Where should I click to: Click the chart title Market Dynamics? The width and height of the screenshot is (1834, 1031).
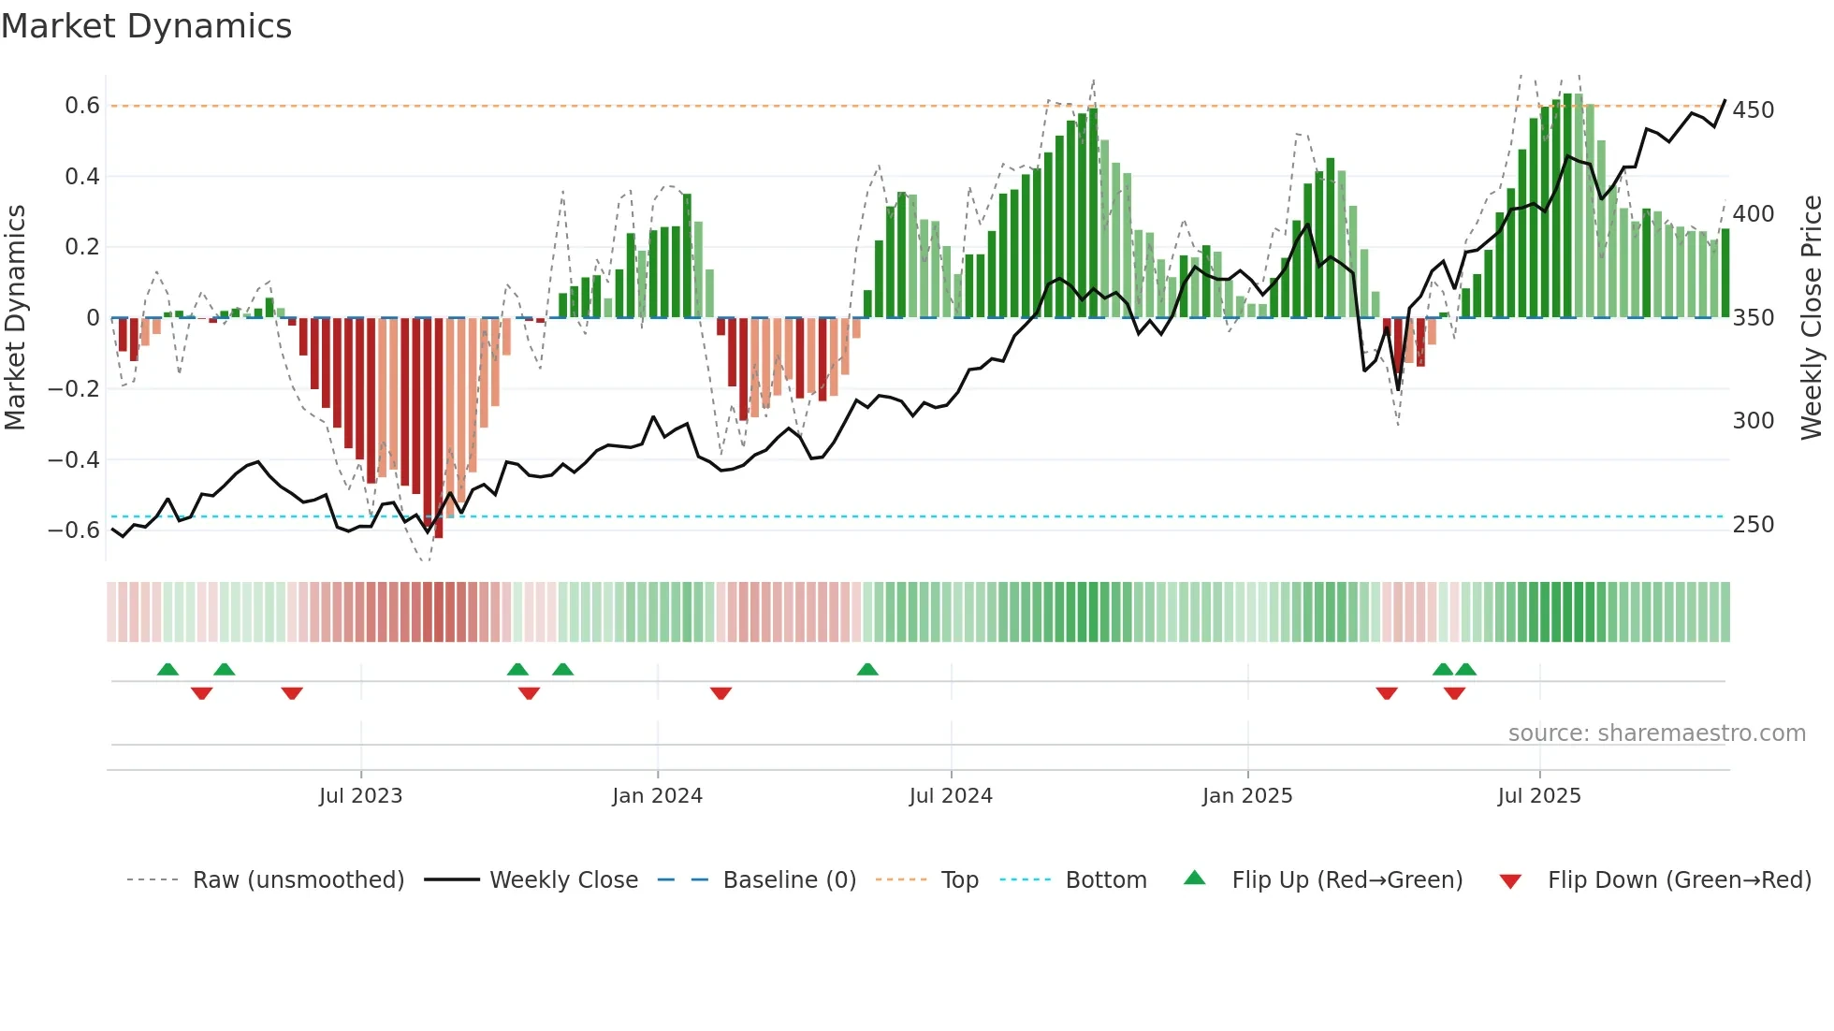tap(146, 26)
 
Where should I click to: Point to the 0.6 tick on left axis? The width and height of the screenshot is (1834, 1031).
tap(82, 106)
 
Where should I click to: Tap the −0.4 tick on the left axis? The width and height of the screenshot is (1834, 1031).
tap(74, 459)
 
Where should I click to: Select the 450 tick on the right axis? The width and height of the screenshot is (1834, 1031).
tap(1753, 110)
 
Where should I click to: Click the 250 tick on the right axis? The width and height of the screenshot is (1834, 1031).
tap(1753, 525)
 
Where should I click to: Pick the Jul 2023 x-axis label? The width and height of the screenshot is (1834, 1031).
tap(360, 796)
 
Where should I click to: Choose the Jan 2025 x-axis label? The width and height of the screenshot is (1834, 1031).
tap(1246, 796)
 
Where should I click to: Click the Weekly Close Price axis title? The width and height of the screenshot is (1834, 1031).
tap(1812, 318)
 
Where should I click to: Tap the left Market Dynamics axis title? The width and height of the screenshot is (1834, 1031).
tap(15, 318)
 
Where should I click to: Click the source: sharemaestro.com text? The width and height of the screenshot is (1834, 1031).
tap(1656, 733)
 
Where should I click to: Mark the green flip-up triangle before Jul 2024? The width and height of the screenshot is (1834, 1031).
tap(867, 670)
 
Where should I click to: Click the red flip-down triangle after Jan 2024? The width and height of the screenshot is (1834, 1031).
tap(720, 693)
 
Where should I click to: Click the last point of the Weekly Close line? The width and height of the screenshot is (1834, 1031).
tap(1725, 100)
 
